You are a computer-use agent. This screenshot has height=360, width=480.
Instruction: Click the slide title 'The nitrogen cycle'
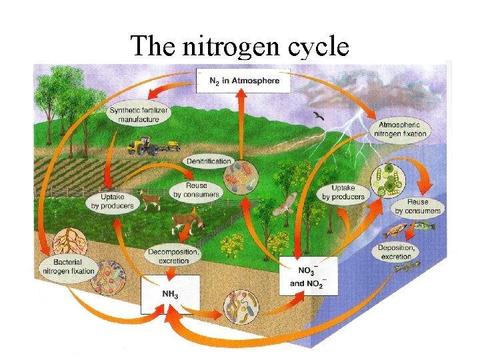pyautogui.click(x=239, y=46)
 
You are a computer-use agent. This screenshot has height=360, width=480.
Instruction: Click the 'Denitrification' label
pyautogui.click(x=209, y=161)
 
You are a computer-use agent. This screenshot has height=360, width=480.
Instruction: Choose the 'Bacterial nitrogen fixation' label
pyautogui.click(x=69, y=267)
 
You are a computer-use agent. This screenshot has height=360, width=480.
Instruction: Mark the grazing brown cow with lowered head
pyautogui.click(x=187, y=223)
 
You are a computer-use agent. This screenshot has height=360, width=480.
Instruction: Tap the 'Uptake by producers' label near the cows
pyautogui.click(x=110, y=201)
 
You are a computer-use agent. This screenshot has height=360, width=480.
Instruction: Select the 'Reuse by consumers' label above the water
pyautogui.click(x=417, y=206)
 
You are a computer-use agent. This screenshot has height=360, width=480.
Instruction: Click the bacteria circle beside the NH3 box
pyautogui.click(x=241, y=306)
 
